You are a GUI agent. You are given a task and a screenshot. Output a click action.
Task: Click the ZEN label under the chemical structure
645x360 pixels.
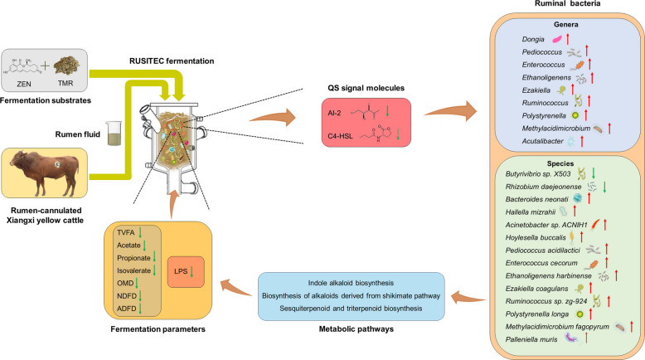pos(24,84)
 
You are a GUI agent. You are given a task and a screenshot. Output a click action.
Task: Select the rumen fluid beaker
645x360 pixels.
pos(114,133)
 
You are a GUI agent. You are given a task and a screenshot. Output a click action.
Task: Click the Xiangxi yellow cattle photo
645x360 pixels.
pos(45,173)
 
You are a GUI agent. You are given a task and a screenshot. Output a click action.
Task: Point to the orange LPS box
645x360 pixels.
pos(186,271)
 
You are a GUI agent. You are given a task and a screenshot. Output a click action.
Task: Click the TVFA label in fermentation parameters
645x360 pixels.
pos(126,233)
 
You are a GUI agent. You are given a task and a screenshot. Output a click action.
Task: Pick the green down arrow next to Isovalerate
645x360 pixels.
pos(154,270)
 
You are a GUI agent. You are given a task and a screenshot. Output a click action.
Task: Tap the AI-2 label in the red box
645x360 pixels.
pos(334,113)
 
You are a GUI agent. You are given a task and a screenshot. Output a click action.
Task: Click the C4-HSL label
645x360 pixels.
pos(340,136)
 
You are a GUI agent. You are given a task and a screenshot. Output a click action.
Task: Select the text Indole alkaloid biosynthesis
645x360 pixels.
pos(351,283)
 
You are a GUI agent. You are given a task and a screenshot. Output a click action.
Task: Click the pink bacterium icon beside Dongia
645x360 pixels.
pos(556,40)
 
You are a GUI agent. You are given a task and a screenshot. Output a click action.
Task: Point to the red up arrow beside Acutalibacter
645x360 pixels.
pos(582,141)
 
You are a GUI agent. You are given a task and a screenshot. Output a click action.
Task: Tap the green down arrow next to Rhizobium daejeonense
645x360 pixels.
pos(604,187)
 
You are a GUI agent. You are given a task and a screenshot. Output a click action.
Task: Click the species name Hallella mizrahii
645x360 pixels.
pos(531,212)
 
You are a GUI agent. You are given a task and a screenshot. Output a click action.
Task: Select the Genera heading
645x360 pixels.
pos(565,25)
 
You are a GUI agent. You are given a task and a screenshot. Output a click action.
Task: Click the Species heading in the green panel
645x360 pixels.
pos(560,163)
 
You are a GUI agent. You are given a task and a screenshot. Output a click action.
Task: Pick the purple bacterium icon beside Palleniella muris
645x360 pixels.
pos(571,338)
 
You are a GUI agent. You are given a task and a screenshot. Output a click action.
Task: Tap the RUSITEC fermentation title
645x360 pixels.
pos(172,61)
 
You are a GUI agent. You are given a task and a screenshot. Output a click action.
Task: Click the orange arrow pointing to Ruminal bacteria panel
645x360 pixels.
pos(450,111)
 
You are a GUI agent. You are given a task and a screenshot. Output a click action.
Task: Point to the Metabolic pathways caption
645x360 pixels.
pos(356,329)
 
